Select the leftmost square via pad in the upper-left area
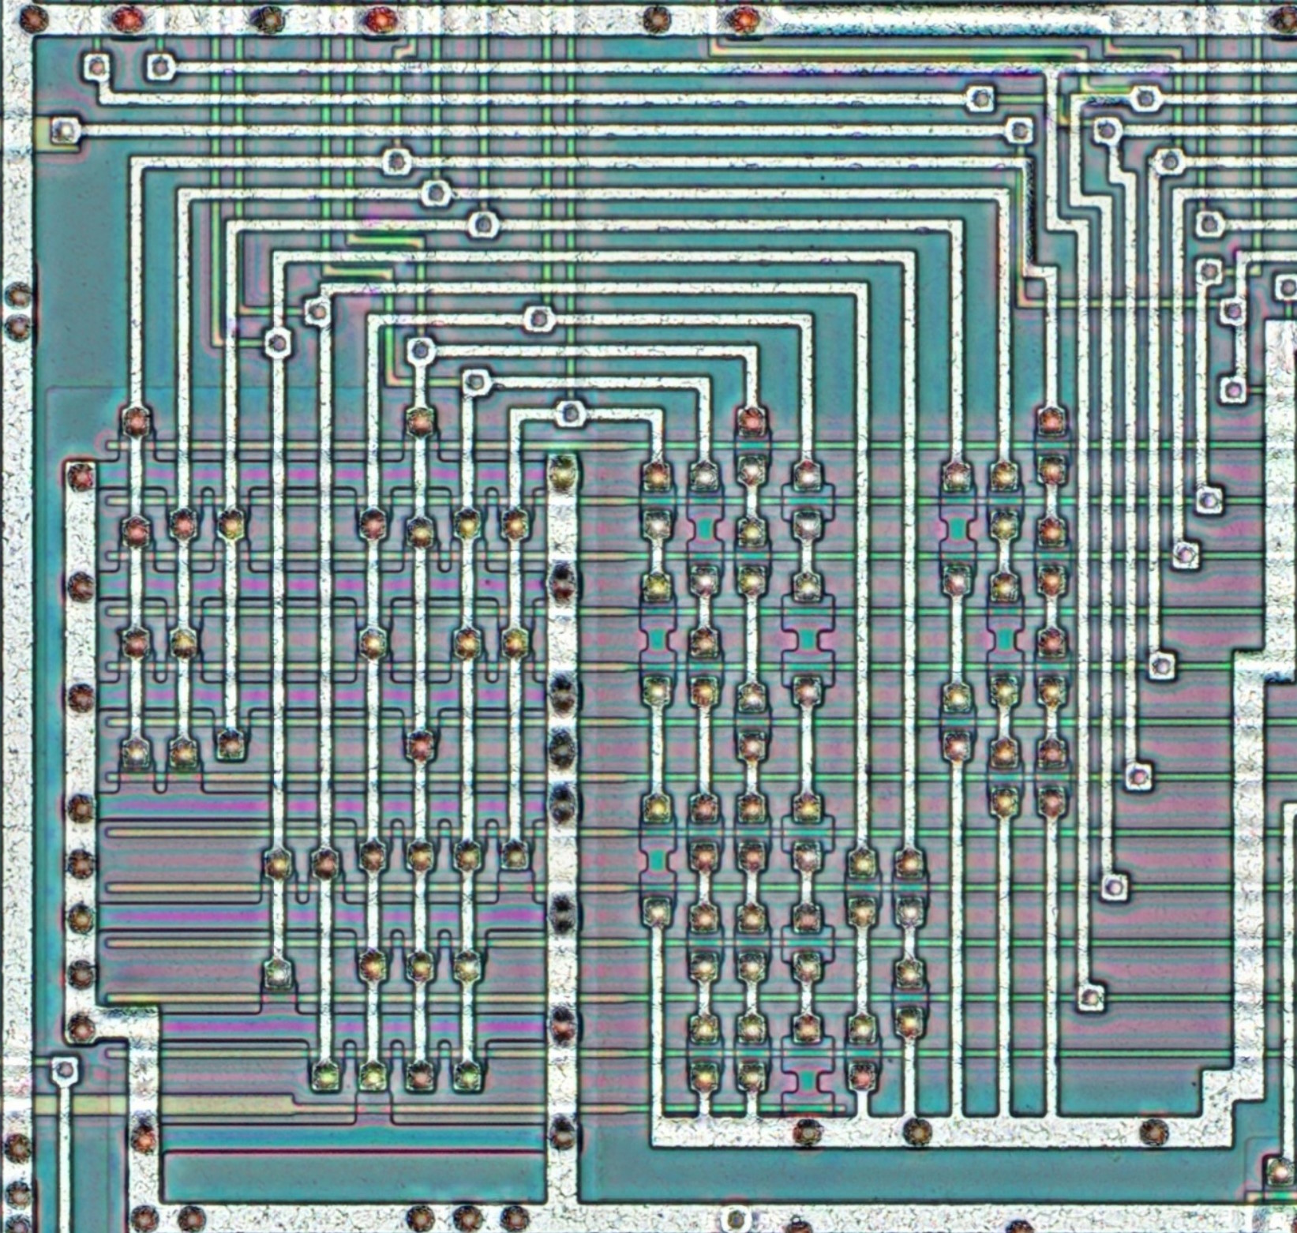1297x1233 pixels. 63,129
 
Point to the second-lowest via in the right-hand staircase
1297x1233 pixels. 1114,887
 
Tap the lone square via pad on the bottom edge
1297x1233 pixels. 736,1216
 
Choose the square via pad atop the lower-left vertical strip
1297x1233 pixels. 63,1070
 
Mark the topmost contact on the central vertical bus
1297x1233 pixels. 562,473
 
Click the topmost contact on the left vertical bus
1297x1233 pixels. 79,476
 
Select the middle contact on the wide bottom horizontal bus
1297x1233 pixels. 916,1132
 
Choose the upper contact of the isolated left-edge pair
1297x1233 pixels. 17,296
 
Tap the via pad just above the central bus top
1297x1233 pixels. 568,413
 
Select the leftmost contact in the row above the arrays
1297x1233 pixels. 136,421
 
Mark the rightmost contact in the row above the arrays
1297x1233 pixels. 1049,421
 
